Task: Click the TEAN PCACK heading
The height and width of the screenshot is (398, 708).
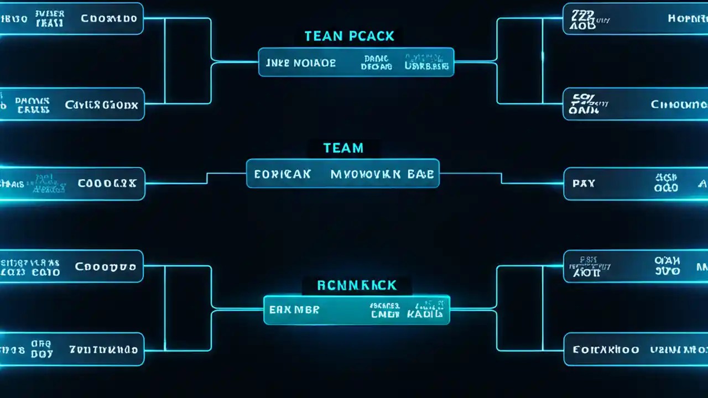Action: click(349, 36)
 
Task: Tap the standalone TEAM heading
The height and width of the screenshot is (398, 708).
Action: click(343, 148)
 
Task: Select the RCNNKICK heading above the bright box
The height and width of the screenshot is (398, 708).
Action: click(357, 285)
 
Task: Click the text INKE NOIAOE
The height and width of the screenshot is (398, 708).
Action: click(300, 63)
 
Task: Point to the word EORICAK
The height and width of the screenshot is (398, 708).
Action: click(282, 175)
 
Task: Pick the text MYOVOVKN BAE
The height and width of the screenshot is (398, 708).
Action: click(382, 175)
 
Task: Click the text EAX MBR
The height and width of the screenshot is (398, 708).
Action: click(294, 310)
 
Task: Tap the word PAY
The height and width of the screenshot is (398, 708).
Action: click(584, 184)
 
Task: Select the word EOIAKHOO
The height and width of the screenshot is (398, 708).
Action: click(606, 350)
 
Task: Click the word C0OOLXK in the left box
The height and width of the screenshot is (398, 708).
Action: click(107, 184)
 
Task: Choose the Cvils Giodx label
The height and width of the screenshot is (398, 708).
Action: click(101, 104)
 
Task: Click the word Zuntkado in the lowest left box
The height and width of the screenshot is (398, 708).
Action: click(103, 350)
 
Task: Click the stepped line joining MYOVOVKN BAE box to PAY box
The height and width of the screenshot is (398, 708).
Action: click(501, 178)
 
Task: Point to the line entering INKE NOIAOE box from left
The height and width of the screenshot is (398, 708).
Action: click(235, 61)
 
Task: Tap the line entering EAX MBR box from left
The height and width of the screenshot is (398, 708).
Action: click(238, 309)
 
